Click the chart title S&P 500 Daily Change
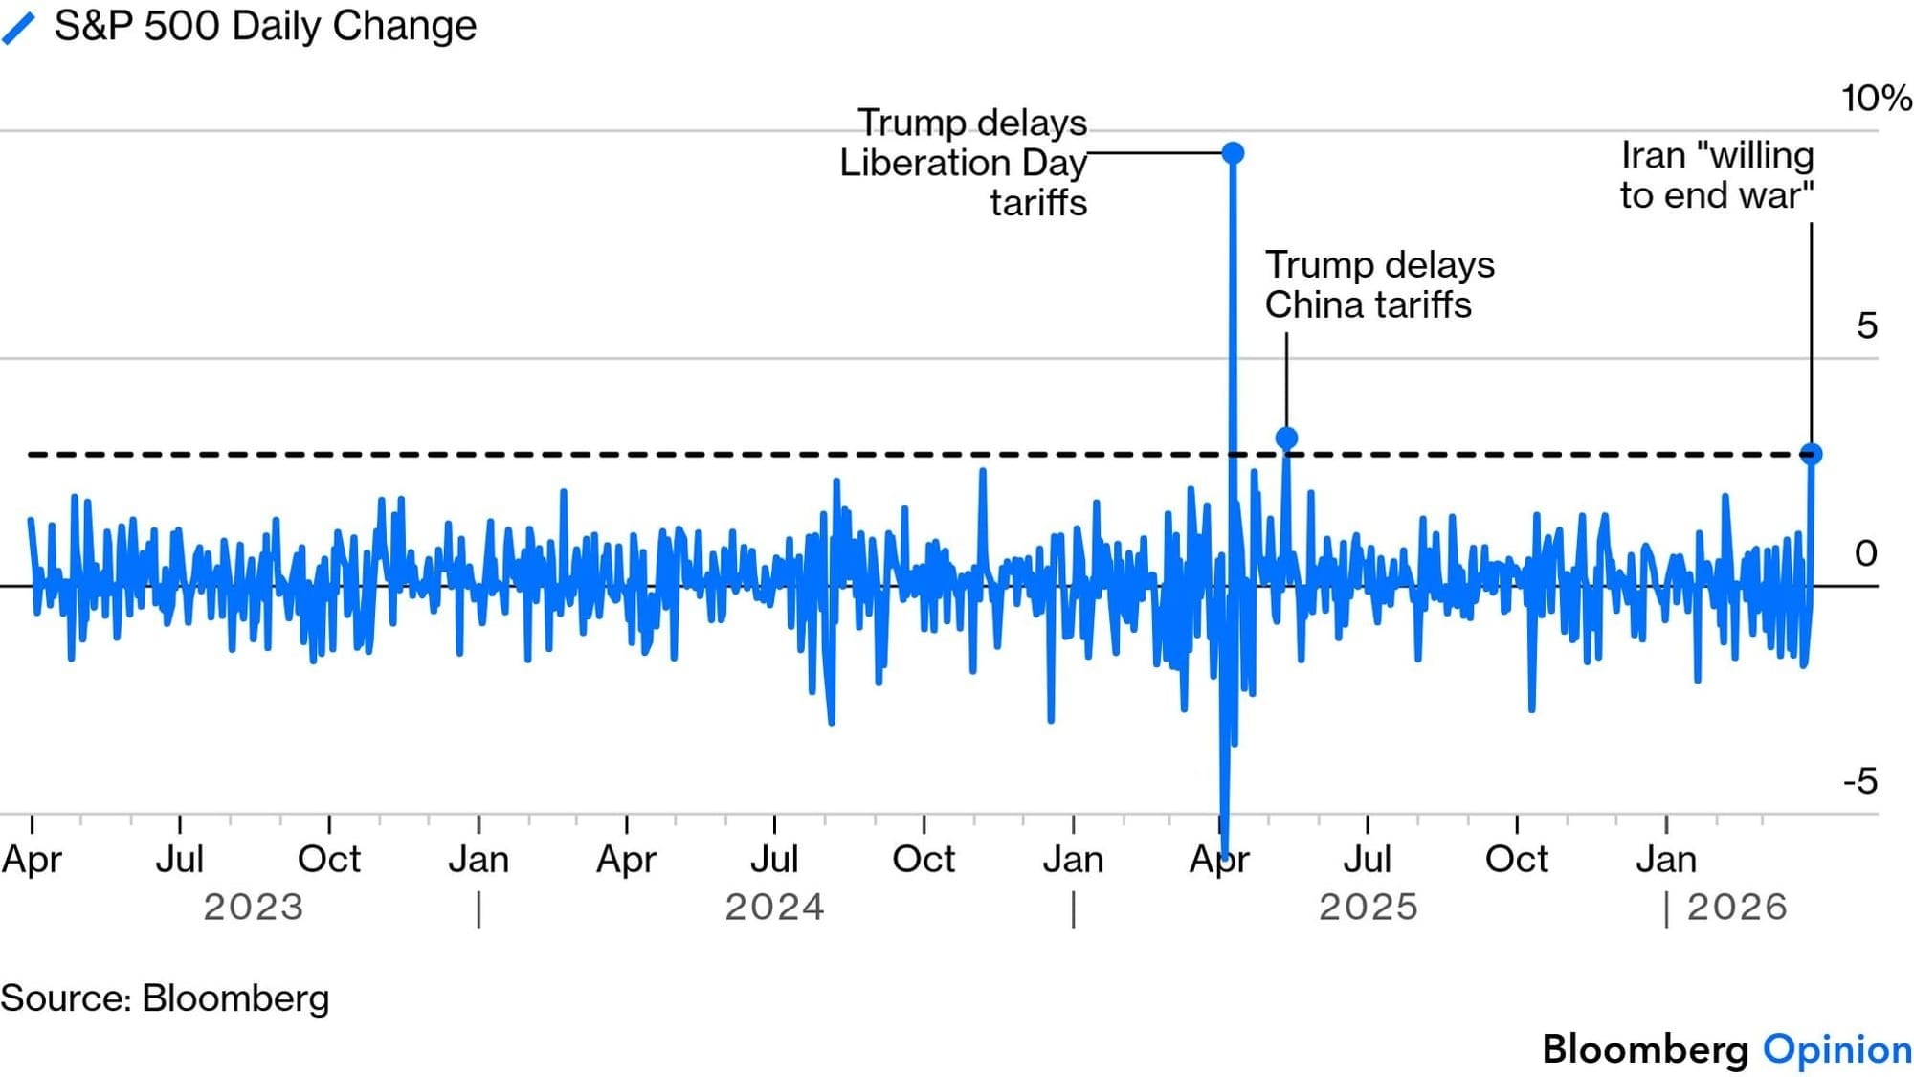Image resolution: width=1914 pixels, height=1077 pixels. [264, 26]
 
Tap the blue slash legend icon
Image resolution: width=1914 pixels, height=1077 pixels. [19, 28]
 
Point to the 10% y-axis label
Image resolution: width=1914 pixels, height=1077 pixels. [1876, 99]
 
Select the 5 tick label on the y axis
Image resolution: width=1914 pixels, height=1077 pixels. [1866, 326]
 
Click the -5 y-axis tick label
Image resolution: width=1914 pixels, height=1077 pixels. [1860, 782]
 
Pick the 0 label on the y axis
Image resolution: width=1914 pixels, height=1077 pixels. [1865, 553]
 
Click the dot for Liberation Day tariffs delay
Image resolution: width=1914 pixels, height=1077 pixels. [1234, 153]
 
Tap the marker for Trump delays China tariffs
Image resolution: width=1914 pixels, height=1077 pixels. [1286, 438]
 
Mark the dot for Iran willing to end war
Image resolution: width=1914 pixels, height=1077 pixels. [1811, 454]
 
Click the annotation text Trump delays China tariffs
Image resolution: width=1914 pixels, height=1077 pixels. [1379, 285]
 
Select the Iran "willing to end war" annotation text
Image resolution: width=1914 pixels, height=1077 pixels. [1717, 175]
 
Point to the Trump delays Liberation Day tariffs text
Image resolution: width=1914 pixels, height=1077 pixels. [964, 163]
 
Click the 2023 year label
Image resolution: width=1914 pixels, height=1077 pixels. [254, 907]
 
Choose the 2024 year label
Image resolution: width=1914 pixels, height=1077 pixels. [774, 907]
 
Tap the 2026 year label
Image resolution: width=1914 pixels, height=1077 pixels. [1737, 907]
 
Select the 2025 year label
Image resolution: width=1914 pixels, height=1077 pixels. [1369, 907]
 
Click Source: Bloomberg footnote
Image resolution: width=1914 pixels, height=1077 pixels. [165, 998]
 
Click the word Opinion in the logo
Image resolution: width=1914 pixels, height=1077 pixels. [1837, 1049]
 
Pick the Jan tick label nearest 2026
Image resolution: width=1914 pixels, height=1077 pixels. [1666, 860]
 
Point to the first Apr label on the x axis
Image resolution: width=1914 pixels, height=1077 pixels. [32, 860]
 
